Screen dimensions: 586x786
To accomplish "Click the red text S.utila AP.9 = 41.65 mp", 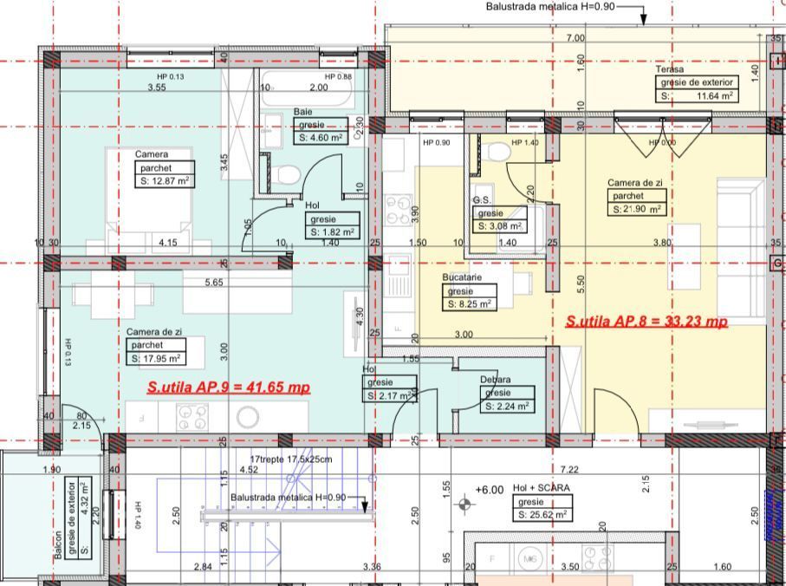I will pyautogui.click(x=229, y=387).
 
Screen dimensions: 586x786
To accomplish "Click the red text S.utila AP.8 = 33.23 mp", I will pyautogui.click(x=646, y=322).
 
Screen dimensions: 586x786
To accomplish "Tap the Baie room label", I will pyautogui.click(x=302, y=112).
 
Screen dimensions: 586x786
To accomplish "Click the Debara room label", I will pyautogui.click(x=496, y=380).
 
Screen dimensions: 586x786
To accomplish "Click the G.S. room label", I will pyautogui.click(x=483, y=200).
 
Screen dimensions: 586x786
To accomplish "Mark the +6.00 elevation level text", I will pyautogui.click(x=490, y=490).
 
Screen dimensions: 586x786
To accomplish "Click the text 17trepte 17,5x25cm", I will pyautogui.click(x=291, y=459).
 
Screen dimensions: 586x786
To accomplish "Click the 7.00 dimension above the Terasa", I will pyautogui.click(x=575, y=38).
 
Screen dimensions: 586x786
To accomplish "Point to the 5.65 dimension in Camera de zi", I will pyautogui.click(x=213, y=282).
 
